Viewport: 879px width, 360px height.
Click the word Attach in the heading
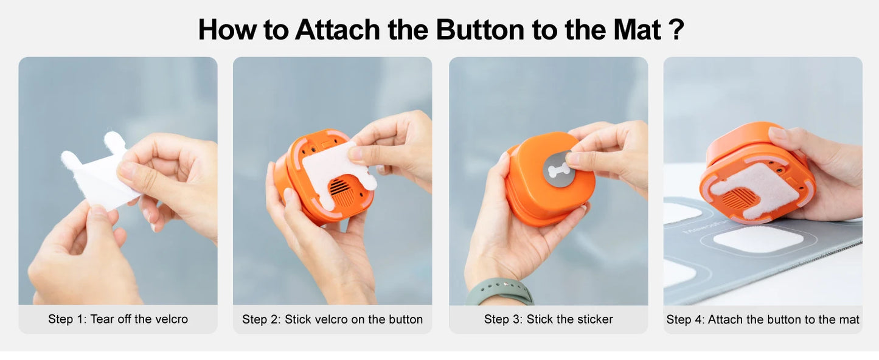click(338, 30)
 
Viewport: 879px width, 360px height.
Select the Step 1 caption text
click(118, 319)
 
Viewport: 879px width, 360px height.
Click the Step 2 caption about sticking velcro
click(332, 319)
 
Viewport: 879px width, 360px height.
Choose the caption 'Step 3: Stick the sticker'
click(548, 319)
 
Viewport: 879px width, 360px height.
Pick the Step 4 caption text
click(762, 319)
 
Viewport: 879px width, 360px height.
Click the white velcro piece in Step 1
click(97, 173)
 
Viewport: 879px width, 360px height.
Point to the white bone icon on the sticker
click(558, 168)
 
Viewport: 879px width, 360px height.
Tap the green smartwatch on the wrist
click(499, 291)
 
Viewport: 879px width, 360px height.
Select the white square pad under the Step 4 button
click(758, 238)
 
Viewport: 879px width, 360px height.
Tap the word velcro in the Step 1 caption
click(170, 319)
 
